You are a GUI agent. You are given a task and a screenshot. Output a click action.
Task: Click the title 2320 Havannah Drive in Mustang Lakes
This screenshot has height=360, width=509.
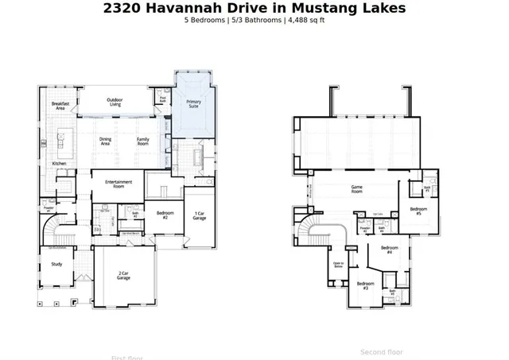pos(254,9)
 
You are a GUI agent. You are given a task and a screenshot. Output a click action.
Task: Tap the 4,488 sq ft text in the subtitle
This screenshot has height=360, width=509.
pos(306,21)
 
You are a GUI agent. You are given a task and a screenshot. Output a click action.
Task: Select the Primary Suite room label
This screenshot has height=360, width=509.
pos(194,103)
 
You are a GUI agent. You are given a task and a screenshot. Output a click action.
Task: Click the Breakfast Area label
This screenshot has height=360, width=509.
pos(59,105)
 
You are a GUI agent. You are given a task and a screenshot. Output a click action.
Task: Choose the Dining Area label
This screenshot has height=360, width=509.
pos(106,141)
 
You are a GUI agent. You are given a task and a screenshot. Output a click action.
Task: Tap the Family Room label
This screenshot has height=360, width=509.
pos(143,141)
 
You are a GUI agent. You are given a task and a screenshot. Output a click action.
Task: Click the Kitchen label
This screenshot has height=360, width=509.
pos(59,164)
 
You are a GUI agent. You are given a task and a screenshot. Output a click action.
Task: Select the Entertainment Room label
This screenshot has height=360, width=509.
pos(119,184)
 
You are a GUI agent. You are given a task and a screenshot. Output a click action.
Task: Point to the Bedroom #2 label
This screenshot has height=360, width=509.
pos(165,215)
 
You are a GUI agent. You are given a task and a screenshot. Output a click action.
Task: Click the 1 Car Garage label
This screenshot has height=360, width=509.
pos(200,215)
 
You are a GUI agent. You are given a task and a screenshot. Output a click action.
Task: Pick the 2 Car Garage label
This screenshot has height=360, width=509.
pos(123,276)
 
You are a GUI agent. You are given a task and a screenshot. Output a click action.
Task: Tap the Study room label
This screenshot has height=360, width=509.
pos(56,264)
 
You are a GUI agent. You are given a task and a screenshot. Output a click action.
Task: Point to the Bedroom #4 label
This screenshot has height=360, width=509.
pos(389,250)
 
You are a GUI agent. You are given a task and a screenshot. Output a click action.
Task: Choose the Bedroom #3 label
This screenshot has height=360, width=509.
pos(365,285)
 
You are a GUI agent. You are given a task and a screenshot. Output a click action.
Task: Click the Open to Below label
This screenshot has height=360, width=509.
pos(338,265)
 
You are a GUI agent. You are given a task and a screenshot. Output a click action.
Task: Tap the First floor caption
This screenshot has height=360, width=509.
pos(127,357)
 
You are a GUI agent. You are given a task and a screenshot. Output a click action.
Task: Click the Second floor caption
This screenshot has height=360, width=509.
pos(382,351)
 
